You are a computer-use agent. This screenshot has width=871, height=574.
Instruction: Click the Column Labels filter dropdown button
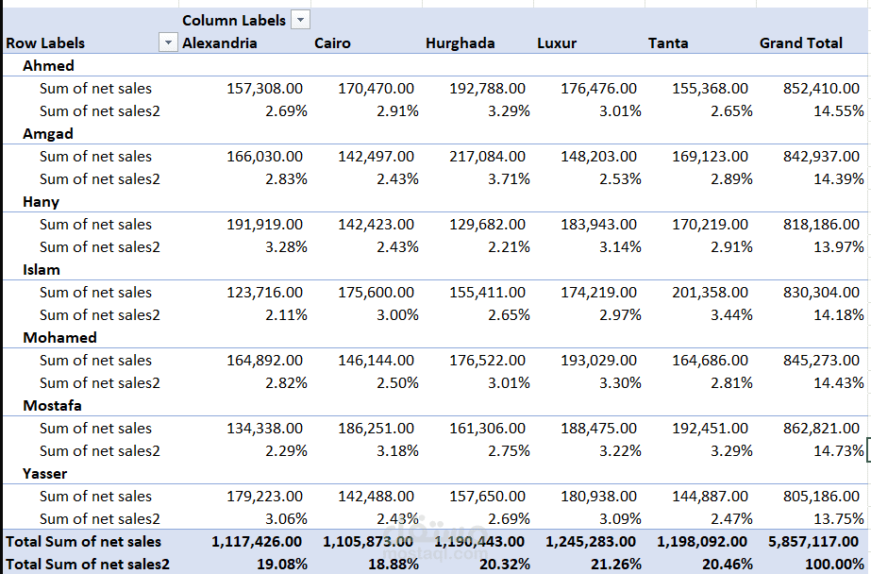[x=300, y=20]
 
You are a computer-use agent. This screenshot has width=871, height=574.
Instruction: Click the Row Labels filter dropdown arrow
[x=168, y=42]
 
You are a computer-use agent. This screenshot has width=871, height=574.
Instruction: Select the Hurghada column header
[x=460, y=42]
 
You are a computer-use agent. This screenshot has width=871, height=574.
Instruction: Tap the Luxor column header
[x=557, y=42]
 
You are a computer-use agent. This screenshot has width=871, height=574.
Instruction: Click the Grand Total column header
[x=801, y=42]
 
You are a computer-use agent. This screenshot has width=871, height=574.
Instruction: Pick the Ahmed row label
[x=48, y=65]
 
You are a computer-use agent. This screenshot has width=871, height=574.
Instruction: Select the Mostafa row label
[x=52, y=406]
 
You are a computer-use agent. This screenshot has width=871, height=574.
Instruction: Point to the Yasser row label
[x=45, y=473]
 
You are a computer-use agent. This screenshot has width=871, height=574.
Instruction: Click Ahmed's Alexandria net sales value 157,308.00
[x=264, y=89]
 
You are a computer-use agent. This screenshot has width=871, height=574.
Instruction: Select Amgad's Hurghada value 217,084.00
[x=487, y=156]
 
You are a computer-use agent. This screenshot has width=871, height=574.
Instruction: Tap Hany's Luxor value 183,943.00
[x=598, y=225]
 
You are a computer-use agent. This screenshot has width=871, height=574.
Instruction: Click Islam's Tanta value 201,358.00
[x=710, y=293]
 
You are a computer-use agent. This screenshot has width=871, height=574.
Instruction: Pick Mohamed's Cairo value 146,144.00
[x=377, y=360]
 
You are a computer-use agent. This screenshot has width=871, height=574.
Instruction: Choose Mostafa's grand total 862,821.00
[x=821, y=429]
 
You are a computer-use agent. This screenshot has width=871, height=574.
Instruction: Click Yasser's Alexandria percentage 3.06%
[x=286, y=519]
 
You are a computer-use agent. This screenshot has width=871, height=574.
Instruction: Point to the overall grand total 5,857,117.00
[x=813, y=542]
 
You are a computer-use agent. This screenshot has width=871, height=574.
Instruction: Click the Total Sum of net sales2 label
[x=87, y=565]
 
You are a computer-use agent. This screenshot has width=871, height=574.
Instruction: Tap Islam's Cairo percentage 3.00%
[x=397, y=315]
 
